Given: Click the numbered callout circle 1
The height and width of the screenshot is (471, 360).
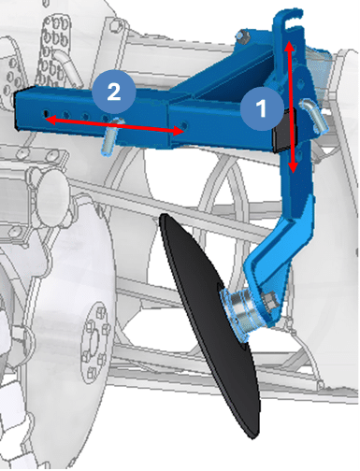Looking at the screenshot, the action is tap(262, 108).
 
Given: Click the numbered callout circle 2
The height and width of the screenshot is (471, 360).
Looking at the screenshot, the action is tap(114, 92).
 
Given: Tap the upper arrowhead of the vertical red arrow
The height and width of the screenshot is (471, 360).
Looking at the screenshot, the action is tap(290, 46).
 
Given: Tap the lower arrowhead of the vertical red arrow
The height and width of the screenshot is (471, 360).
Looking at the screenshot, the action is tap(293, 167).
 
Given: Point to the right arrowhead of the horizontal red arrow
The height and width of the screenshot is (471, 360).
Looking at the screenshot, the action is tap(178, 131).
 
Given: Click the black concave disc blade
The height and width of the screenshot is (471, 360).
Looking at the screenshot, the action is tap(209, 325).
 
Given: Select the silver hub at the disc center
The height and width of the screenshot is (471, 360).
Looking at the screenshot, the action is tap(240, 311).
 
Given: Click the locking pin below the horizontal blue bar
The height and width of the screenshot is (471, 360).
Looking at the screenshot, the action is tap(109, 137).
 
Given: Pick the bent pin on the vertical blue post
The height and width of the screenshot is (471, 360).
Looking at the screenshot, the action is tap(313, 115).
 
